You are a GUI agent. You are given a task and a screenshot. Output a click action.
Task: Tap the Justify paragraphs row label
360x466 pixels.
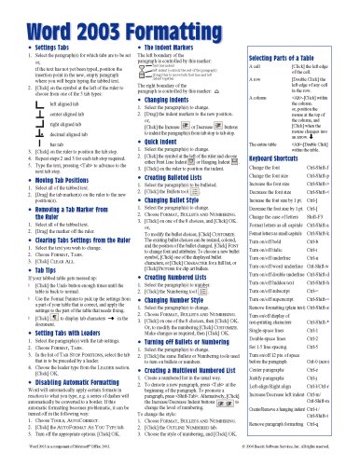point(276,391)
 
